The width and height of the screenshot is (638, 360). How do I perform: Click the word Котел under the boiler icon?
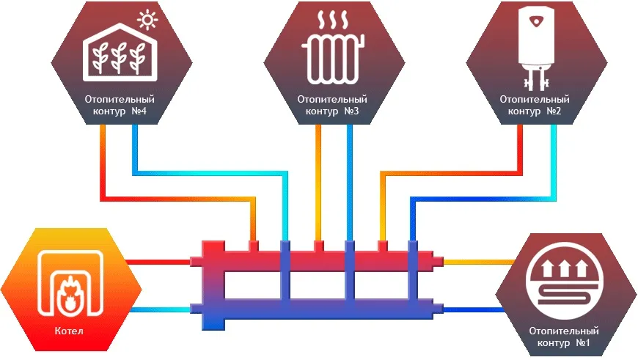coord(69,331)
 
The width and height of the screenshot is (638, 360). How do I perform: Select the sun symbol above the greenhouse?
coord(147,20)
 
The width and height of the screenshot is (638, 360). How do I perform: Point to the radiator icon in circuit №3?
coord(333,59)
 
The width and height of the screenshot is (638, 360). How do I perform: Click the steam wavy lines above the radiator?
coord(333,20)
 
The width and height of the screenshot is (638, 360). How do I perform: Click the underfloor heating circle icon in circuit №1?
coord(565,280)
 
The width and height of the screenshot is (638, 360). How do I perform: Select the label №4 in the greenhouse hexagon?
coord(139,111)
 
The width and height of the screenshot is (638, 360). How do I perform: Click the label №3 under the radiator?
coord(351,111)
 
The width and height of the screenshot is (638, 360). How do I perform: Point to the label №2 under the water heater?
coord(554,111)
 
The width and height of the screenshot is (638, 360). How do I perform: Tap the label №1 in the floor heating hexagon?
coord(583,342)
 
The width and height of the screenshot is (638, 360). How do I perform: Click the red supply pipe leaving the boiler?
coord(158,262)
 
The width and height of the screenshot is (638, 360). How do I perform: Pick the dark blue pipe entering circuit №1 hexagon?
coord(474,309)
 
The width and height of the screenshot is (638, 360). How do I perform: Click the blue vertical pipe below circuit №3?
coord(350,183)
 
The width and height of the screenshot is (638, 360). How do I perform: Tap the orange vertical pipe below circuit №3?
coord(318,183)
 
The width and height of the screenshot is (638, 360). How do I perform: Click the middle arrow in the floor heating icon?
coord(565,269)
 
